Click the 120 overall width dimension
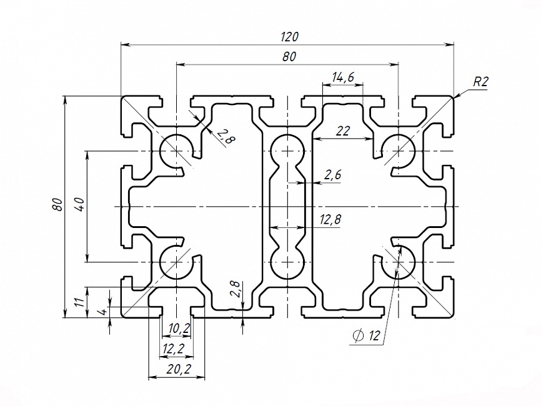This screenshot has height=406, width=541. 289,36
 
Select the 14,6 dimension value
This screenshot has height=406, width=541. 343,77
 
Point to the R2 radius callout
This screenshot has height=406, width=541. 480,81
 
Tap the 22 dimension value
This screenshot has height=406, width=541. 343,131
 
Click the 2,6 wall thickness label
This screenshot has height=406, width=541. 333,176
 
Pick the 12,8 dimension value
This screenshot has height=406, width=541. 331,220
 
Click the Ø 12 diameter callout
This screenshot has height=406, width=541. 367,336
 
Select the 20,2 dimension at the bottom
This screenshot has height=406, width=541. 178,370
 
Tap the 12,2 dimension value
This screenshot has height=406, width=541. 173,347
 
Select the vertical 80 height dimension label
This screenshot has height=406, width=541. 57,205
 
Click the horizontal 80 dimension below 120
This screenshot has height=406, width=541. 289,56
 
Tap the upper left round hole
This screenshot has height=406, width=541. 176,151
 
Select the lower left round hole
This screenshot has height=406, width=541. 176,261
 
